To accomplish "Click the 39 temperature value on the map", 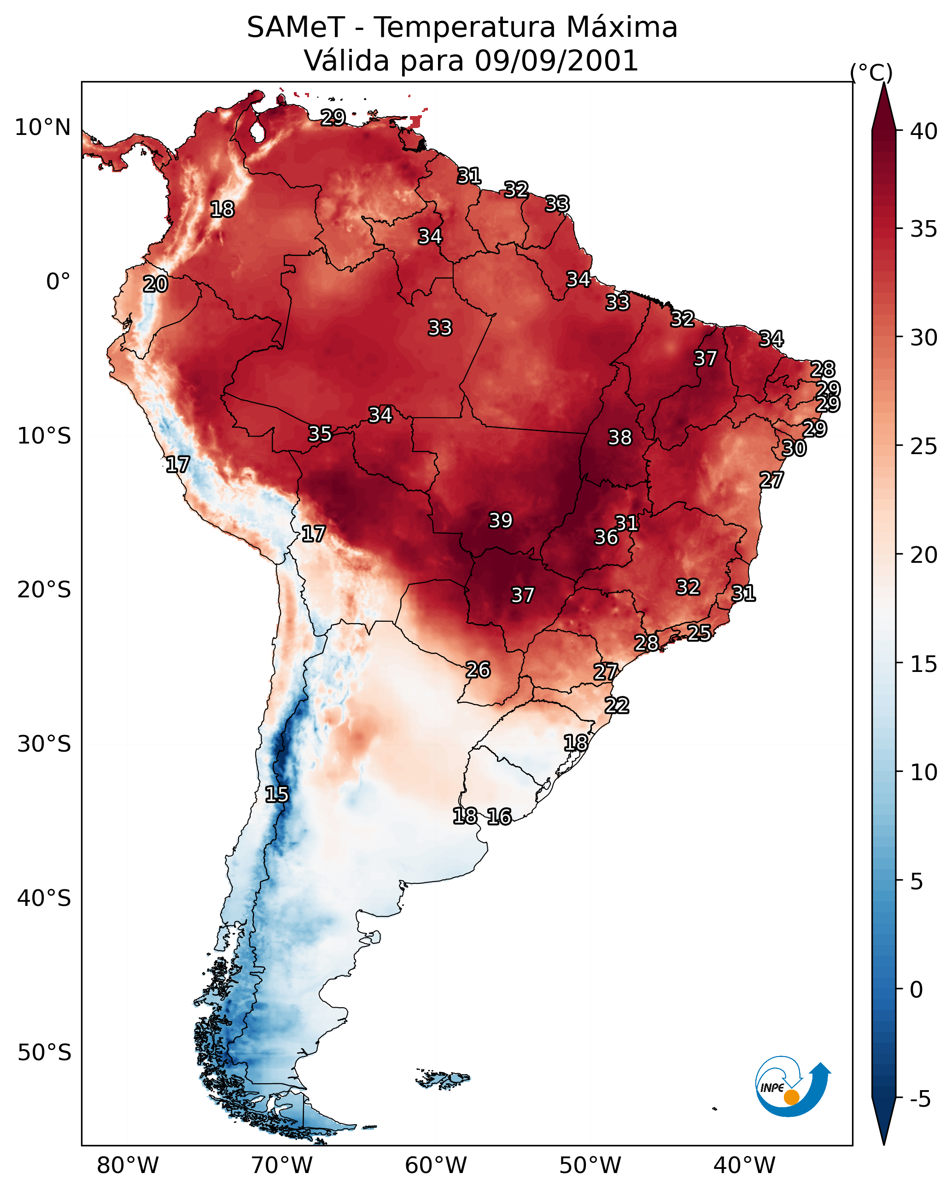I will tap(501, 520).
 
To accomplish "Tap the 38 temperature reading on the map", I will tap(619, 438).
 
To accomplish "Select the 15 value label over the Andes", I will tap(276, 794).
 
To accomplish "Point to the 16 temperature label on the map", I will tap(499, 817).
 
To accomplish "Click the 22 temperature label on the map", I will tap(617, 706).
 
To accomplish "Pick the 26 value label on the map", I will tap(478, 670).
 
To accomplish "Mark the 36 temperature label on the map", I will tap(606, 537).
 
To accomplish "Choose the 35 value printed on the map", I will tap(320, 434).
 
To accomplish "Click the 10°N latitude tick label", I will tap(42, 128).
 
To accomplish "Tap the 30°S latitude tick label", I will tap(44, 744).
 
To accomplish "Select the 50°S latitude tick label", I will tap(44, 1052).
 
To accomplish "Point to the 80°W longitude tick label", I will tap(128, 1165).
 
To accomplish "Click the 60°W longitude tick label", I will tap(436, 1165).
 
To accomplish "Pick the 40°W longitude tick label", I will tap(744, 1165).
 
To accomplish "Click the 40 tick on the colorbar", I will tap(924, 131).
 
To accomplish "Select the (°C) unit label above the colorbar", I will tap(871, 72).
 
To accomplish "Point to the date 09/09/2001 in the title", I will tap(556, 60).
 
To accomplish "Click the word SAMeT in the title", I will tap(296, 27).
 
